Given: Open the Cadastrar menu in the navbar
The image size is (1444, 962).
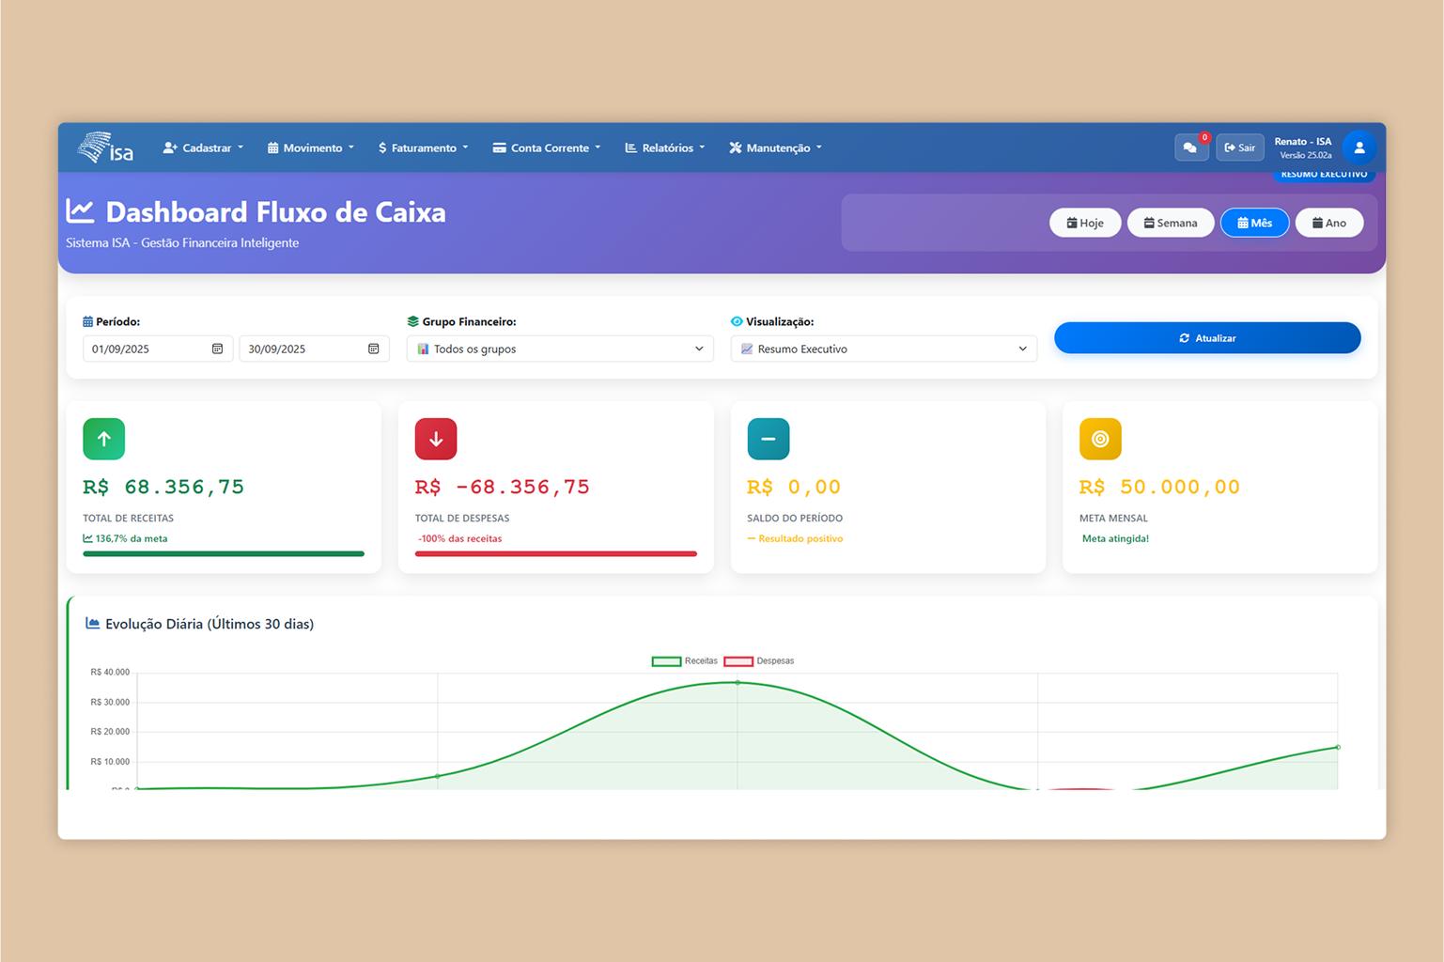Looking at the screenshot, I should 203,147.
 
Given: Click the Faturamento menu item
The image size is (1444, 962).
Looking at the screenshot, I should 423,147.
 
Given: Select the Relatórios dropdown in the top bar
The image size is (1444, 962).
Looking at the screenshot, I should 665,147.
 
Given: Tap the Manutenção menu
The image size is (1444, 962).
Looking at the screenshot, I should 776,147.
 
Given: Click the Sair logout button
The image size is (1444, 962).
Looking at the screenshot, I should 1239,147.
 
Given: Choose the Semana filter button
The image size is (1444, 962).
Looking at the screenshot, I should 1170,223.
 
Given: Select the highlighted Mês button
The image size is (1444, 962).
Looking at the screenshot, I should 1254,223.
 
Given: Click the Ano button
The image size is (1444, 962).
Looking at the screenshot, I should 1328,223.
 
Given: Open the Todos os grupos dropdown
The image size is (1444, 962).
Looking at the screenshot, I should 560,349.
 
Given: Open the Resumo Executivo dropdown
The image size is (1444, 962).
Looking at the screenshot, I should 883,349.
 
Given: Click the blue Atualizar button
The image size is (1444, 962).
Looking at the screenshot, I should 1206,338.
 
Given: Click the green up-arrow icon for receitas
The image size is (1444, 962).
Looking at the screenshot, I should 103,439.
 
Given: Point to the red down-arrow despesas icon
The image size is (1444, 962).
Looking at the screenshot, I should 436,439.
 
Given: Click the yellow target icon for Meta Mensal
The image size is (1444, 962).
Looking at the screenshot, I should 1100,439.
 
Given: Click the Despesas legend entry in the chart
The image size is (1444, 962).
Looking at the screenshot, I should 760,661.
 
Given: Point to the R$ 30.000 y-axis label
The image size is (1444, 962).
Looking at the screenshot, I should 110,702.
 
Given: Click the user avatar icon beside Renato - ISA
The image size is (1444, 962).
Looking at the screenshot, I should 1359,147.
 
